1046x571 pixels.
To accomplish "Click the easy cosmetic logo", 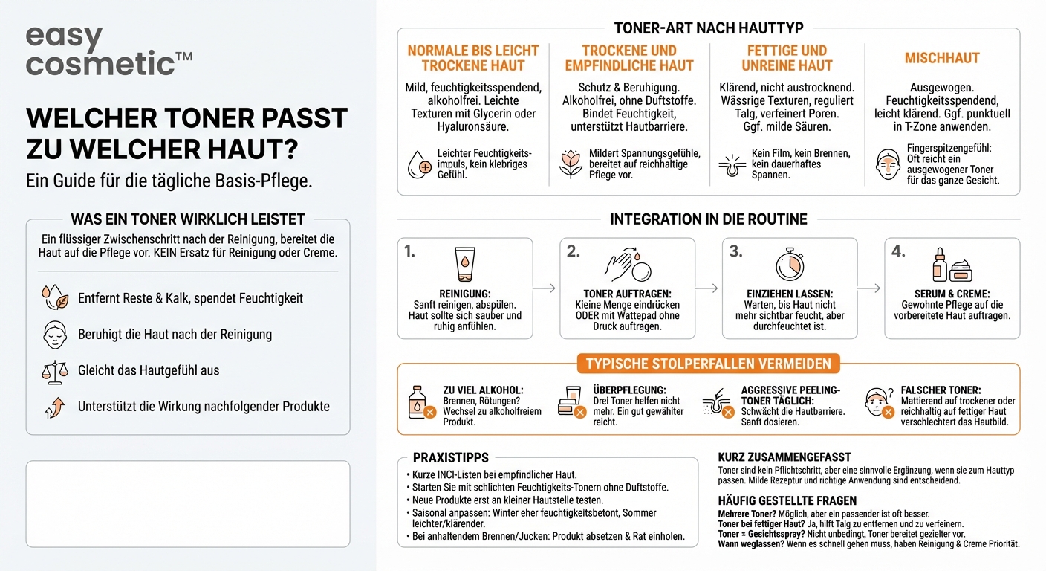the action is (x=108, y=51).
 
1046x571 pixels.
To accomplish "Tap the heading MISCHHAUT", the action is (x=942, y=58).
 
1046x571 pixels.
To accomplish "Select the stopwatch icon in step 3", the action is (x=790, y=265).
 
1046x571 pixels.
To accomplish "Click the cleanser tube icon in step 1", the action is (x=464, y=264).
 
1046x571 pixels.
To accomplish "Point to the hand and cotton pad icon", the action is (x=628, y=265).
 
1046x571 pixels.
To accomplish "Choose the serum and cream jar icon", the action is (x=952, y=265).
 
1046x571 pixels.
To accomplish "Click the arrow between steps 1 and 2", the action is (x=544, y=288).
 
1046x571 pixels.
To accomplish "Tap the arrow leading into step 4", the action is (x=868, y=288).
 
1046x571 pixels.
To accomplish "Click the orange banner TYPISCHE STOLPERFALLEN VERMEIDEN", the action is (x=709, y=364).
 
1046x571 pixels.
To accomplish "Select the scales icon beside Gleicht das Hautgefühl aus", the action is (x=55, y=372).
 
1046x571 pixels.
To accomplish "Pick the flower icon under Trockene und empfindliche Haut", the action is (x=571, y=164).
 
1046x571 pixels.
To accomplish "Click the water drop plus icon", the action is (x=419, y=164).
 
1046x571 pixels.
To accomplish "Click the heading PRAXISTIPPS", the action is (x=451, y=457).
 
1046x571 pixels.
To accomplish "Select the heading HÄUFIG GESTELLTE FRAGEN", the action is (x=787, y=501).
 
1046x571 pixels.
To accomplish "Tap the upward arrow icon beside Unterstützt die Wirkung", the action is (x=55, y=407).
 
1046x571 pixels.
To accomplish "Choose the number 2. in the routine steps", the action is (x=573, y=251).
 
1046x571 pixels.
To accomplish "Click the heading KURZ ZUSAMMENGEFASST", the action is (x=784, y=457).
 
